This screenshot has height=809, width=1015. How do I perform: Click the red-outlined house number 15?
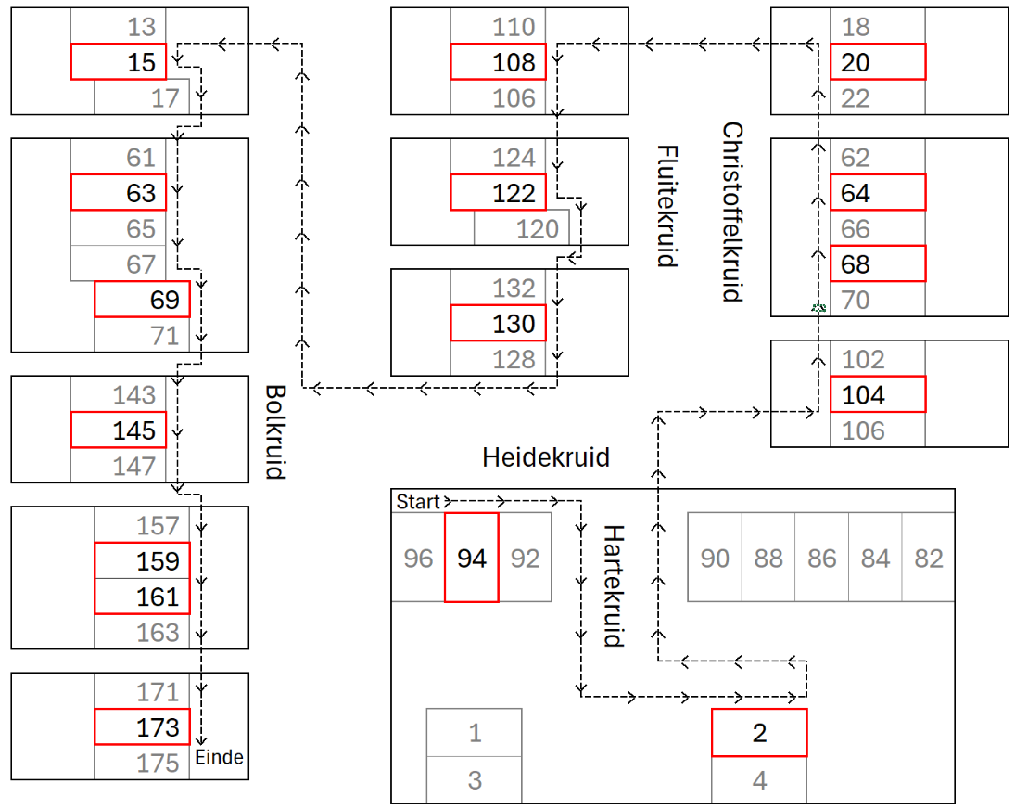click(x=119, y=62)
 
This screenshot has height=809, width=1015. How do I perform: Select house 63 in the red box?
click(x=119, y=193)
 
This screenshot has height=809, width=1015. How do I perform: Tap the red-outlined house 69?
click(x=142, y=300)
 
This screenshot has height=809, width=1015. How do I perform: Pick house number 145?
click(x=119, y=430)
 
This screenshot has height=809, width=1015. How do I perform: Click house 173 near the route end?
click(x=142, y=727)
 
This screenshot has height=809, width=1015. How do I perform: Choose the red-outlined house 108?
click(x=498, y=62)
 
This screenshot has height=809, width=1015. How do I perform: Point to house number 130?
click(x=498, y=324)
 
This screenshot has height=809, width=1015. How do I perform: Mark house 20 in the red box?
click(x=877, y=62)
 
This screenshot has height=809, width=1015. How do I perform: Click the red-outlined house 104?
click(x=877, y=395)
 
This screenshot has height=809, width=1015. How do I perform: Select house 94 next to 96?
click(x=472, y=558)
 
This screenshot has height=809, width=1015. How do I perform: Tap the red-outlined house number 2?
click(x=759, y=732)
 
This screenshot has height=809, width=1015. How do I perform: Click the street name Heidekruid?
click(x=546, y=457)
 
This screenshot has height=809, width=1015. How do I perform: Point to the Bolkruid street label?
click(x=273, y=431)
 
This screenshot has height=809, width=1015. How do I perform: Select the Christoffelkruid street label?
click(x=733, y=212)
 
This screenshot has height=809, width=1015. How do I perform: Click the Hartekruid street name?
click(x=613, y=585)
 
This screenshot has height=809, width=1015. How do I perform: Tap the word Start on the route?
click(x=417, y=502)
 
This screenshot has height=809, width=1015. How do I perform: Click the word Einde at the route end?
click(x=220, y=758)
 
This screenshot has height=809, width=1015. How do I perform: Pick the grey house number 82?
click(x=928, y=558)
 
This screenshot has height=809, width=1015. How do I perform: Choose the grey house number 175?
click(x=158, y=763)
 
